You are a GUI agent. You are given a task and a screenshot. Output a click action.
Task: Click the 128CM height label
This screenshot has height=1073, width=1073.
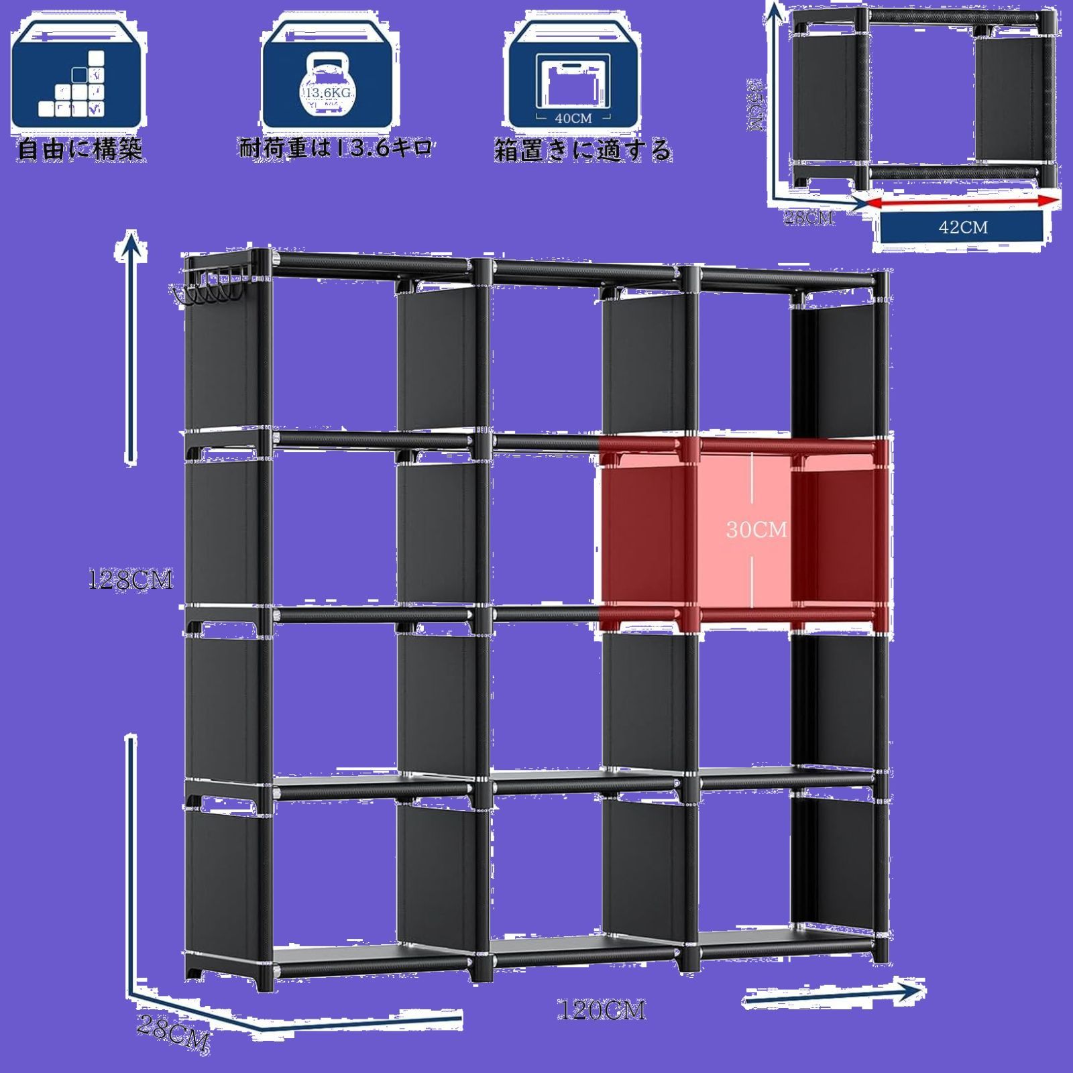(131, 580)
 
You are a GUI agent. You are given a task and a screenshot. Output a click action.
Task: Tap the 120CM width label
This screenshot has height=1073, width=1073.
(602, 1010)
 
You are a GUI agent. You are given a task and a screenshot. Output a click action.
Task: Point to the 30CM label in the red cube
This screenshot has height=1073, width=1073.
(756, 530)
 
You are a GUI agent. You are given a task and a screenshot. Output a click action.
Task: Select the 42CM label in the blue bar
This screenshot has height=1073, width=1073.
(963, 227)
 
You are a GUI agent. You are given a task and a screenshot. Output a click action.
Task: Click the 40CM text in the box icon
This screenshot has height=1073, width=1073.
(573, 118)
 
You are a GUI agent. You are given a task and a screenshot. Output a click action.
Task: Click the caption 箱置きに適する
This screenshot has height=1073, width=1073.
(583, 150)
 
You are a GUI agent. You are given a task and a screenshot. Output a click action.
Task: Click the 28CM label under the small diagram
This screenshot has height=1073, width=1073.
(809, 217)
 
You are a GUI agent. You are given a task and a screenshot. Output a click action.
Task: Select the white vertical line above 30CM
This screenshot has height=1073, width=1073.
(752, 483)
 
